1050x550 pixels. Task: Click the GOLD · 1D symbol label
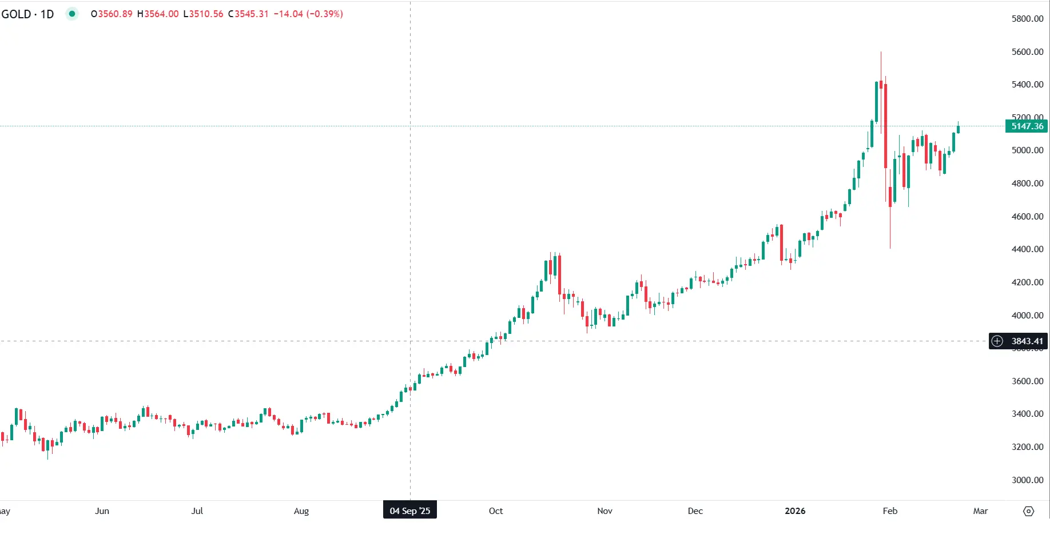[27, 14]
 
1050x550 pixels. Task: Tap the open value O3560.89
[112, 14]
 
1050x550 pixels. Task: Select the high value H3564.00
[158, 14]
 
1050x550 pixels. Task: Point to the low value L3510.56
[203, 14]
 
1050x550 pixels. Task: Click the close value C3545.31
[248, 14]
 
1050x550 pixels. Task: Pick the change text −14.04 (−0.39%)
[308, 14]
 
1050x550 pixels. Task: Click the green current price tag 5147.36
[1027, 126]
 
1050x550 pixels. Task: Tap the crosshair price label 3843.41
[1027, 341]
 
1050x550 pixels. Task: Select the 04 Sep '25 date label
[409, 511]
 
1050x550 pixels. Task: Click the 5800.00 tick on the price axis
[1027, 19]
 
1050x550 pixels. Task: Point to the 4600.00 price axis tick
[1027, 217]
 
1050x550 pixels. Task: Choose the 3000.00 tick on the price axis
[1027, 480]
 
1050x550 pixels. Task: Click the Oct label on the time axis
[496, 511]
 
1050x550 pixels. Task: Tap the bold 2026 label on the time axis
[795, 511]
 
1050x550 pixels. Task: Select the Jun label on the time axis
[102, 511]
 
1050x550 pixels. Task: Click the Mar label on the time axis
[980, 511]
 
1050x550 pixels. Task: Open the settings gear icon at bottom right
[1028, 511]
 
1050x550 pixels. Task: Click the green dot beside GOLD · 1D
[72, 14]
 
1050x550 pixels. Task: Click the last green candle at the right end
[958, 129]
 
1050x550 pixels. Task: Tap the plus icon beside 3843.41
[997, 341]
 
